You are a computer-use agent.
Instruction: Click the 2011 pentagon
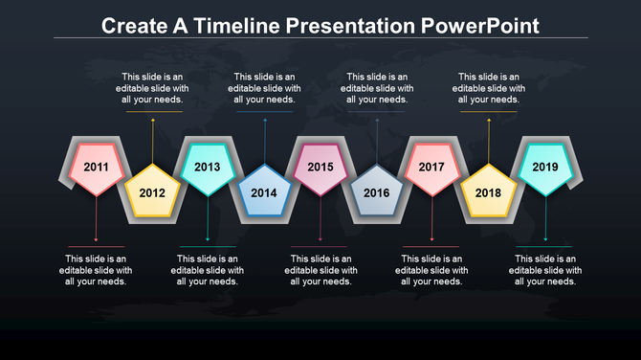[96, 168]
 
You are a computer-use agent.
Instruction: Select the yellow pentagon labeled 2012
[152, 192]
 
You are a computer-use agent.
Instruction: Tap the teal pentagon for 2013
[208, 168]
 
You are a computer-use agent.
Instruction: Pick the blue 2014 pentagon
[264, 192]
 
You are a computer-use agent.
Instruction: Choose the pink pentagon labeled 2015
[320, 168]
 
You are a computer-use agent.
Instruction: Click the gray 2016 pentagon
[376, 192]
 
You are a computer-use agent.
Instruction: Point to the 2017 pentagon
[431, 168]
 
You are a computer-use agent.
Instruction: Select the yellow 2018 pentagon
[488, 192]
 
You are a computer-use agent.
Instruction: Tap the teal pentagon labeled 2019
[545, 168]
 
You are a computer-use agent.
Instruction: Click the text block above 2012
[152, 88]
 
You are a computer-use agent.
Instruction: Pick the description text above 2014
[264, 88]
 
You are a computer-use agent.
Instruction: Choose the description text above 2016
[377, 88]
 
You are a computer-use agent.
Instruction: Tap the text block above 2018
[488, 88]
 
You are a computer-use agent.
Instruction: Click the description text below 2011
[96, 270]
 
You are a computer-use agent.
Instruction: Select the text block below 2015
[320, 270]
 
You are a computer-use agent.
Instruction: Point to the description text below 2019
[545, 270]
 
